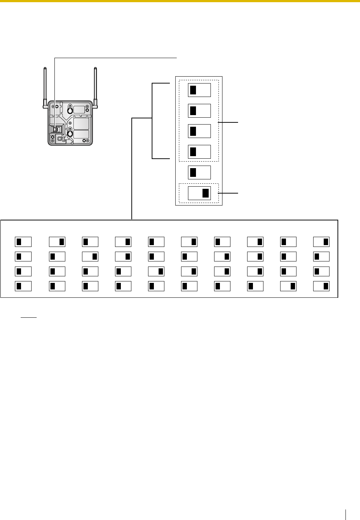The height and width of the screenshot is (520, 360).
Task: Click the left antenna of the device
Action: point(45,85)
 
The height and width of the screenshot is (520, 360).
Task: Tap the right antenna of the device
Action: point(96,85)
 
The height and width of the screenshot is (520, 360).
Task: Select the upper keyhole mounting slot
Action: point(71,109)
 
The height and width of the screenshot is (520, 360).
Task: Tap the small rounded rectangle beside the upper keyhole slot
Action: point(80,109)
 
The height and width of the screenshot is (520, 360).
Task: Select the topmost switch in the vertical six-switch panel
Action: point(199,90)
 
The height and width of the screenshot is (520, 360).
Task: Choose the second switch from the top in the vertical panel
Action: point(199,110)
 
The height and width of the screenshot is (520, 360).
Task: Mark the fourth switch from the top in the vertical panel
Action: point(199,151)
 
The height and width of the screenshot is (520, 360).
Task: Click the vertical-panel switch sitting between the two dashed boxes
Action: point(199,172)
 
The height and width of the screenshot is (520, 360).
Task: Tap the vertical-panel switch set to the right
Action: point(199,193)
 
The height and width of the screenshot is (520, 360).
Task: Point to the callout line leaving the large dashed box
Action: point(229,123)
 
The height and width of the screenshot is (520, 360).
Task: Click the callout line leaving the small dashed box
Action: point(229,193)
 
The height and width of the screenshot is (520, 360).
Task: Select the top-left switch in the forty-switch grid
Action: point(23,241)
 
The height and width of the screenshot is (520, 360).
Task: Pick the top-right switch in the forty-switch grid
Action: point(322,241)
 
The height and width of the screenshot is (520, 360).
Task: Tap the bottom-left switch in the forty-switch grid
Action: point(23,286)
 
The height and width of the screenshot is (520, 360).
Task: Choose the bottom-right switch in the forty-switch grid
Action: point(322,286)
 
